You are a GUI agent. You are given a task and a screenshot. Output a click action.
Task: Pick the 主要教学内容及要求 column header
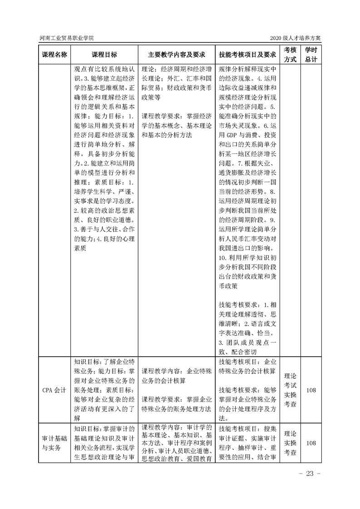[x=176, y=54]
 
